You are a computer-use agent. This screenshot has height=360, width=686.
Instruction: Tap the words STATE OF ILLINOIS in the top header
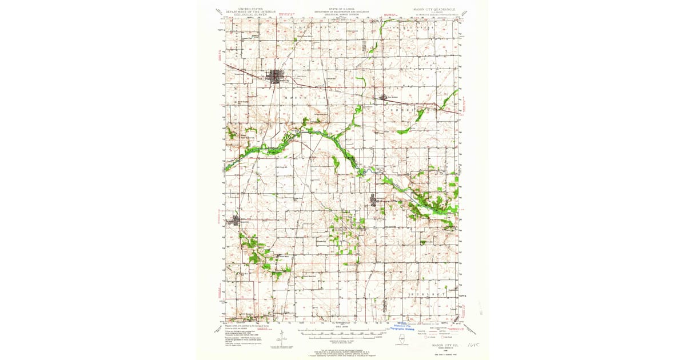pos(342,9)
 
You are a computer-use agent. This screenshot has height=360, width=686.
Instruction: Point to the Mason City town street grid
pos(277,76)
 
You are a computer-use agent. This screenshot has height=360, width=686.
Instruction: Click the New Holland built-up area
pos(384,98)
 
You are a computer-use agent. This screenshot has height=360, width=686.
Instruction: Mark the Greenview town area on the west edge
pos(237,220)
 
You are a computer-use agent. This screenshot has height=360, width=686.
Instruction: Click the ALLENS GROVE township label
pos(309,27)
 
